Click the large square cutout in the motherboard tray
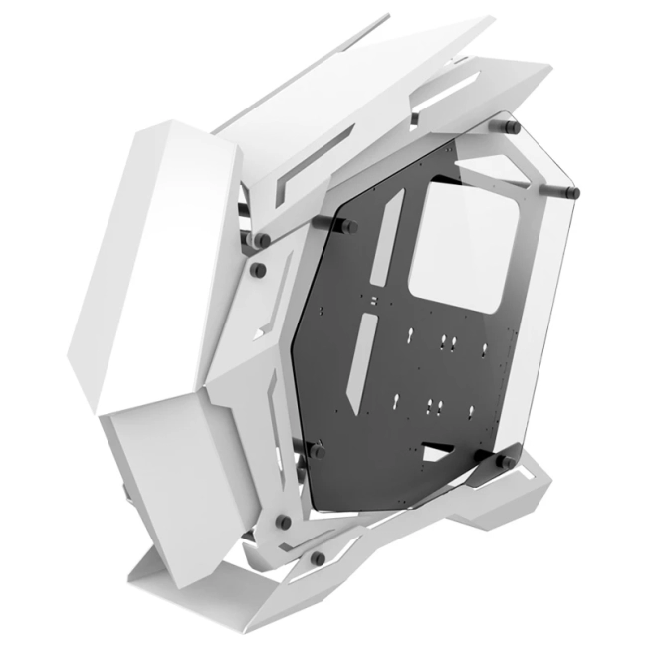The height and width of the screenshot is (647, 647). [x=453, y=244]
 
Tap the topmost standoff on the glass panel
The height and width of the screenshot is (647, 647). [x=512, y=128]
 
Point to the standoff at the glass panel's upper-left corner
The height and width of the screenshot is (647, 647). [x=264, y=239]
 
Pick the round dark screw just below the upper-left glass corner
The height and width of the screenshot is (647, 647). [x=257, y=270]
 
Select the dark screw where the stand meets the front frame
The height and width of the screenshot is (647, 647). [x=283, y=521]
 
